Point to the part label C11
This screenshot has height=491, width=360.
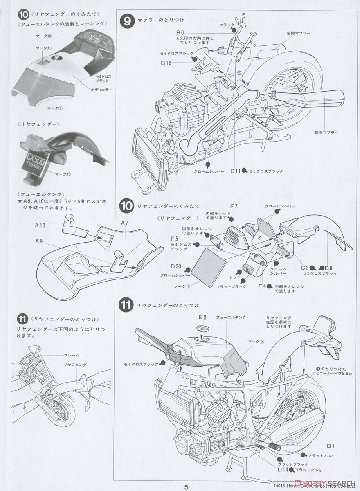[x=235, y=171]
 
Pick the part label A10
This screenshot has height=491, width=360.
[x=40, y=225]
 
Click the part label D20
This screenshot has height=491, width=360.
[x=176, y=266]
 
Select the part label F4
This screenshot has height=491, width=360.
[x=262, y=286]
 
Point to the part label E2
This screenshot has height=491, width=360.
[x=202, y=317]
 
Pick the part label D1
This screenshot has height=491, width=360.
[x=331, y=446]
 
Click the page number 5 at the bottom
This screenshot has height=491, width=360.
[x=186, y=486]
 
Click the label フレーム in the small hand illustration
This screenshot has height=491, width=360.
[x=72, y=355]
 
